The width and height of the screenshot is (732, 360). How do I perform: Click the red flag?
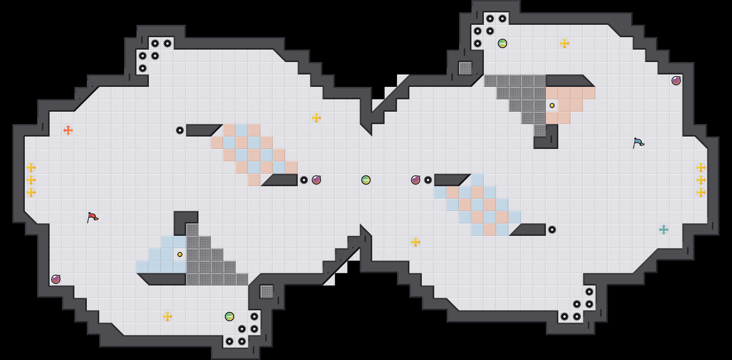pyautogui.click(x=92, y=217)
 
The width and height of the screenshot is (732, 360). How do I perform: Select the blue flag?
pyautogui.click(x=638, y=143)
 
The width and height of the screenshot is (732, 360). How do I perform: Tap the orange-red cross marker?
pyautogui.click(x=68, y=130)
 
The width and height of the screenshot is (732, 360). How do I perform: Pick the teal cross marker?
pyautogui.click(x=663, y=230)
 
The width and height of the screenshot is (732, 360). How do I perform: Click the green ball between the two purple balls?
pyautogui.click(x=366, y=180)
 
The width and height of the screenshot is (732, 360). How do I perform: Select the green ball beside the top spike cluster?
pyautogui.click(x=502, y=43)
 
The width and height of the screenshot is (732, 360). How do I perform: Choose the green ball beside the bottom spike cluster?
pyautogui.click(x=229, y=317)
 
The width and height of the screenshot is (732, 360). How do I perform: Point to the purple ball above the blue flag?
pyautogui.click(x=676, y=81)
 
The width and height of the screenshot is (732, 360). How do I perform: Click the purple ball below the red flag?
pyautogui.click(x=56, y=279)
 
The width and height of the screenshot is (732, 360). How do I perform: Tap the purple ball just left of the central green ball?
pyautogui.click(x=316, y=180)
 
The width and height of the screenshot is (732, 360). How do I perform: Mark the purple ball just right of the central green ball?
pyautogui.click(x=416, y=180)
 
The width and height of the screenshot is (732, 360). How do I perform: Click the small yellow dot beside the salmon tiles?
pyautogui.click(x=552, y=106)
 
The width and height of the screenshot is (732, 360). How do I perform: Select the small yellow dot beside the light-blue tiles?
pyautogui.click(x=180, y=254)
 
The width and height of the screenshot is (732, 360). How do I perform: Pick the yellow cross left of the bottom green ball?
pyautogui.click(x=167, y=317)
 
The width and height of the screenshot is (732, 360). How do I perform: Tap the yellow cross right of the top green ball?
pyautogui.click(x=565, y=43)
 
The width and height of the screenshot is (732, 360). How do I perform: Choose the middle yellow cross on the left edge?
pyautogui.click(x=31, y=180)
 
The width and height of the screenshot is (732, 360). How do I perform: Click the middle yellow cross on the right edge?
pyautogui.click(x=701, y=180)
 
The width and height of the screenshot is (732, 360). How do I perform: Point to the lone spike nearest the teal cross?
pyautogui.click(x=552, y=230)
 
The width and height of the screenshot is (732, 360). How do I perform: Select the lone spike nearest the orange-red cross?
pyautogui.click(x=180, y=130)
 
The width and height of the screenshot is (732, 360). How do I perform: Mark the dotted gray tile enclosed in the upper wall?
pyautogui.click(x=465, y=68)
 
